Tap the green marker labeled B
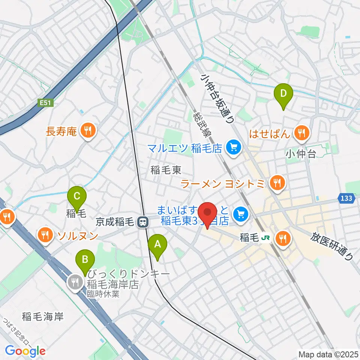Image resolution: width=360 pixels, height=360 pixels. [85, 259]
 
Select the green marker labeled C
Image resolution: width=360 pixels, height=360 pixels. [77, 196]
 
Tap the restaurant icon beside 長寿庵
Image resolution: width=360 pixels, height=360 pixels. [88, 131]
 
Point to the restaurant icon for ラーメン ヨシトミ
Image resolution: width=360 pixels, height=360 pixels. [277, 183]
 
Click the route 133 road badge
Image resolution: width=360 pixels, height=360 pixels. [347, 198]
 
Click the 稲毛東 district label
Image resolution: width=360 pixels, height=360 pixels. [166, 171]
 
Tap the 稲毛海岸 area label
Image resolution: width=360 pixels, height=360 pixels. [42, 316]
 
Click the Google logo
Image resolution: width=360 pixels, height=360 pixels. [25, 351]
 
